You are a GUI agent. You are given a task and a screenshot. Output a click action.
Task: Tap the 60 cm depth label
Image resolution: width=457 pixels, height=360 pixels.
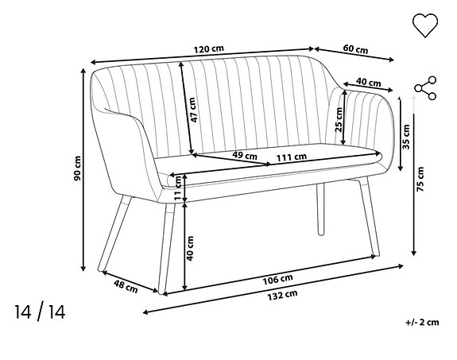[x=355, y=49]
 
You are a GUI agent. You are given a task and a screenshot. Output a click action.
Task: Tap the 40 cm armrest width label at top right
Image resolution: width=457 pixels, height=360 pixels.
[x=367, y=82]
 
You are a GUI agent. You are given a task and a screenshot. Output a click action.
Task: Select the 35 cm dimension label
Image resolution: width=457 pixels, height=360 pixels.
[x=406, y=136]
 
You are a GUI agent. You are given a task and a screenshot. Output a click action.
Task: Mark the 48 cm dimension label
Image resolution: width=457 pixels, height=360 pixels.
[x=125, y=285]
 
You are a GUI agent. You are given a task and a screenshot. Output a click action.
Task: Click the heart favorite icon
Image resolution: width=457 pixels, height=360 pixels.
[x=425, y=25]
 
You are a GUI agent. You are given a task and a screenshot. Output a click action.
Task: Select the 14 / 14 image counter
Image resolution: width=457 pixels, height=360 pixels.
[x=39, y=312]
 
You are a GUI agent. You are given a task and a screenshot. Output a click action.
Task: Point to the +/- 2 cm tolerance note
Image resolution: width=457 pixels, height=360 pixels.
[x=420, y=323]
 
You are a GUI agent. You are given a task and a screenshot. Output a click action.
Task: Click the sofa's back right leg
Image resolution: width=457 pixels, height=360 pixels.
[x=321, y=210]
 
